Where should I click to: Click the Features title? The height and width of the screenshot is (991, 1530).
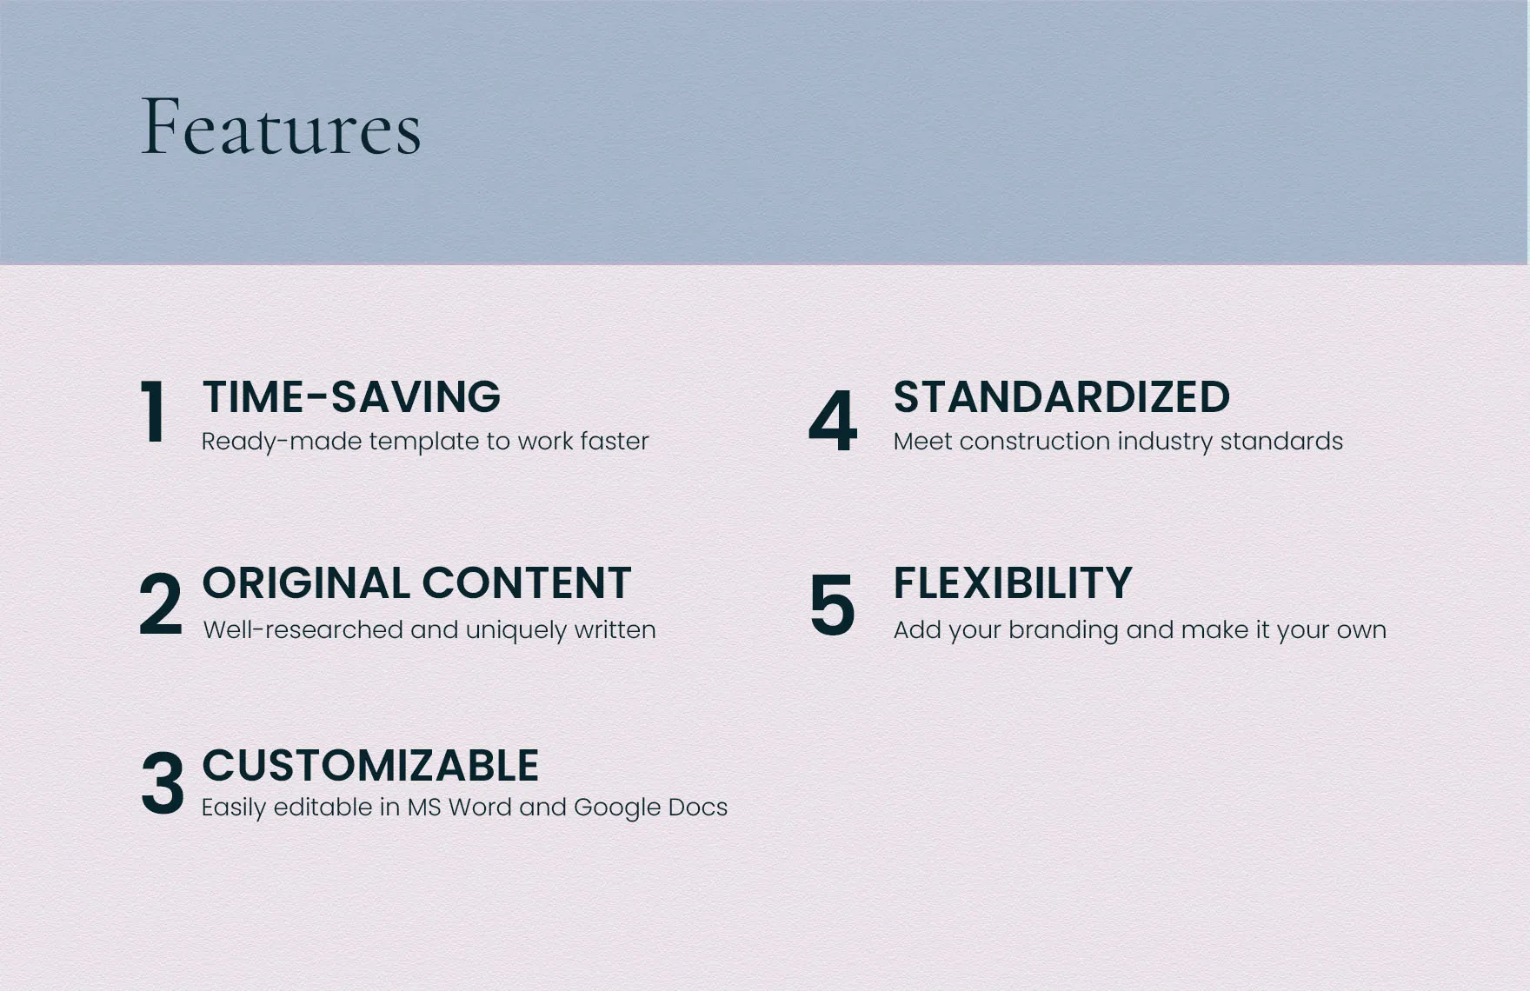[281, 127]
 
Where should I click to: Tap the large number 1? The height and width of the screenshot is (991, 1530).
[154, 412]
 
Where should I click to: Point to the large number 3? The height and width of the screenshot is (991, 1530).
[162, 783]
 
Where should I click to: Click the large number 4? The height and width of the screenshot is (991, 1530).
[833, 421]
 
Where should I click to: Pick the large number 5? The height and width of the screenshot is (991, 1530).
[832, 604]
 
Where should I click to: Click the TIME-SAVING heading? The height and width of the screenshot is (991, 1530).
[351, 396]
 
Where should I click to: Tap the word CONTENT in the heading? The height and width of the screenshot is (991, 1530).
[527, 582]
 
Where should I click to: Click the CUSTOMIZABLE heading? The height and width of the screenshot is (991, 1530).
[370, 766]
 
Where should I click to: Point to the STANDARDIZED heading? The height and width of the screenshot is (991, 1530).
[1061, 396]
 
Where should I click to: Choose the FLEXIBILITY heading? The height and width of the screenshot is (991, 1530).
[1013, 582]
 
